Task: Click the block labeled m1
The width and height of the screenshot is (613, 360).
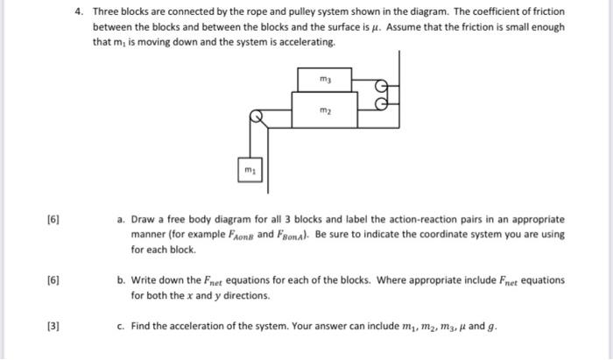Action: click(249, 166)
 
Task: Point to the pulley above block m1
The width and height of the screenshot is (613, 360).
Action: click(257, 116)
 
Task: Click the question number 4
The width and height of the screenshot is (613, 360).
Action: click(79, 12)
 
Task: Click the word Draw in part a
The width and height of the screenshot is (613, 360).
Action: click(144, 219)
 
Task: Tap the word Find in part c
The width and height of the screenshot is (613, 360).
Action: click(142, 328)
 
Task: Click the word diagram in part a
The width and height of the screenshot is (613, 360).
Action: click(233, 219)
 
